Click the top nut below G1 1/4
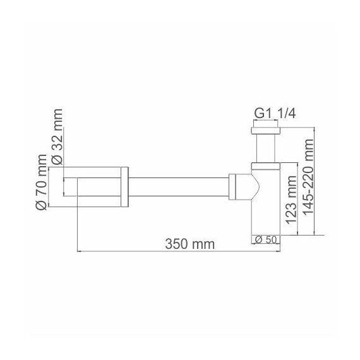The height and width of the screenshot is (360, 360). (266, 131)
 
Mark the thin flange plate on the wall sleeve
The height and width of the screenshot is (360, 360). (124, 188)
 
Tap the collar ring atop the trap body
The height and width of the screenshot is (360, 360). (266, 166)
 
